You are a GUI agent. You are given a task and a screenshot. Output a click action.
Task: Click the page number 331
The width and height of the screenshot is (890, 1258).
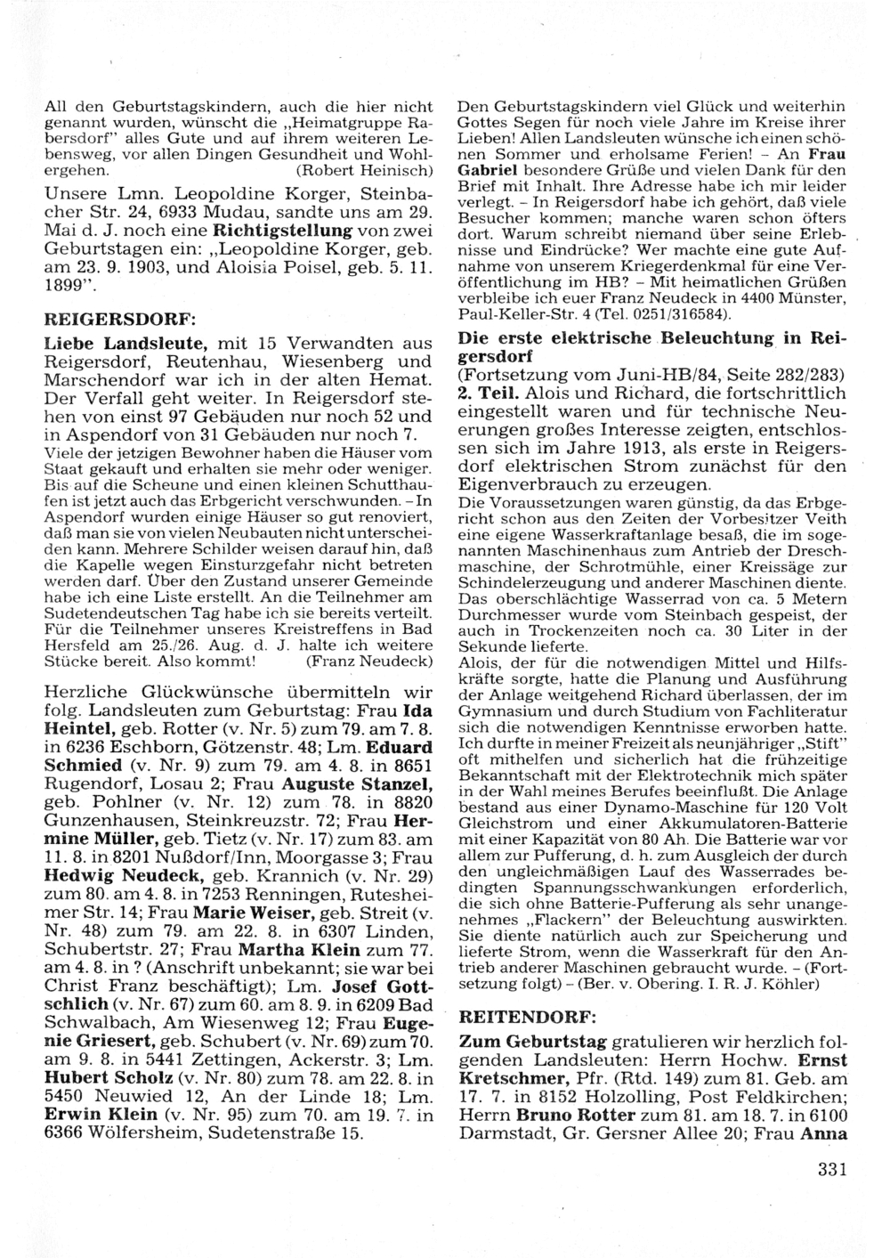pos(829,1171)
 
